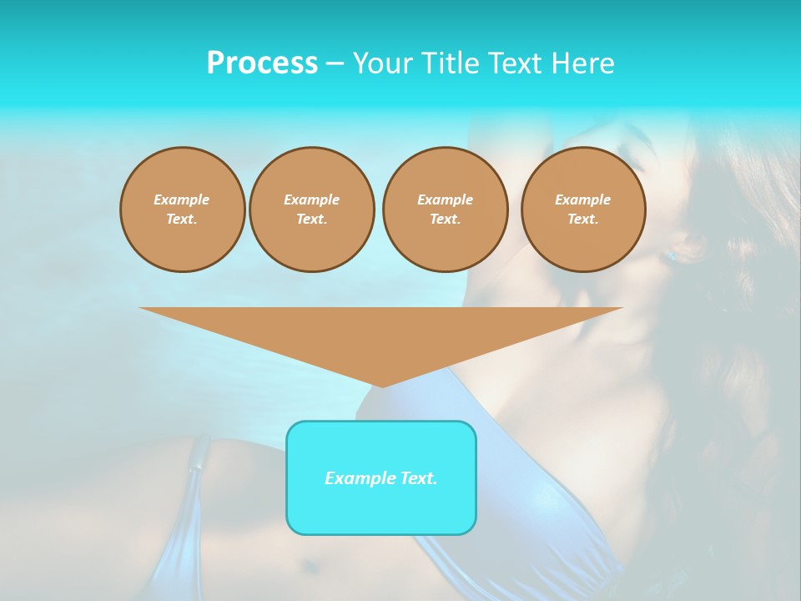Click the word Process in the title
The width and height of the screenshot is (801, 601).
click(262, 63)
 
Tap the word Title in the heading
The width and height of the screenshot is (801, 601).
click(450, 63)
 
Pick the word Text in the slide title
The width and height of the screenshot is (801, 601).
click(514, 63)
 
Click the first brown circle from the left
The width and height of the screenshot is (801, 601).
click(182, 210)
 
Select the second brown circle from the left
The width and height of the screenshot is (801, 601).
click(311, 210)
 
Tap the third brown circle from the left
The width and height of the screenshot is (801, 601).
click(445, 210)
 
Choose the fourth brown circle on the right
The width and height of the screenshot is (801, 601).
click(582, 210)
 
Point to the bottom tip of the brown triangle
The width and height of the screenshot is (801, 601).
click(381, 386)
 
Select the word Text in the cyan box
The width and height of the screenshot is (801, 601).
click(419, 478)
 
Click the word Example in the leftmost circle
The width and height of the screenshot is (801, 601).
click(182, 199)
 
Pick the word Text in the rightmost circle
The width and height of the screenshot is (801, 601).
click(582, 219)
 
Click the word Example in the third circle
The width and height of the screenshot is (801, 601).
click(445, 199)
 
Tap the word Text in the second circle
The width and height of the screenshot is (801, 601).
click(311, 219)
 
